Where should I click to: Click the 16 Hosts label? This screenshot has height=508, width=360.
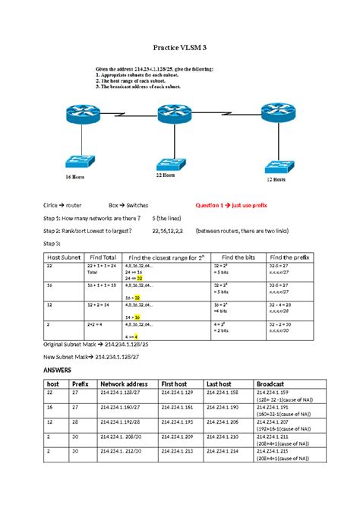(74, 176)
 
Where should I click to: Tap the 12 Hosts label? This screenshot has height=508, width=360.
(275, 180)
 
